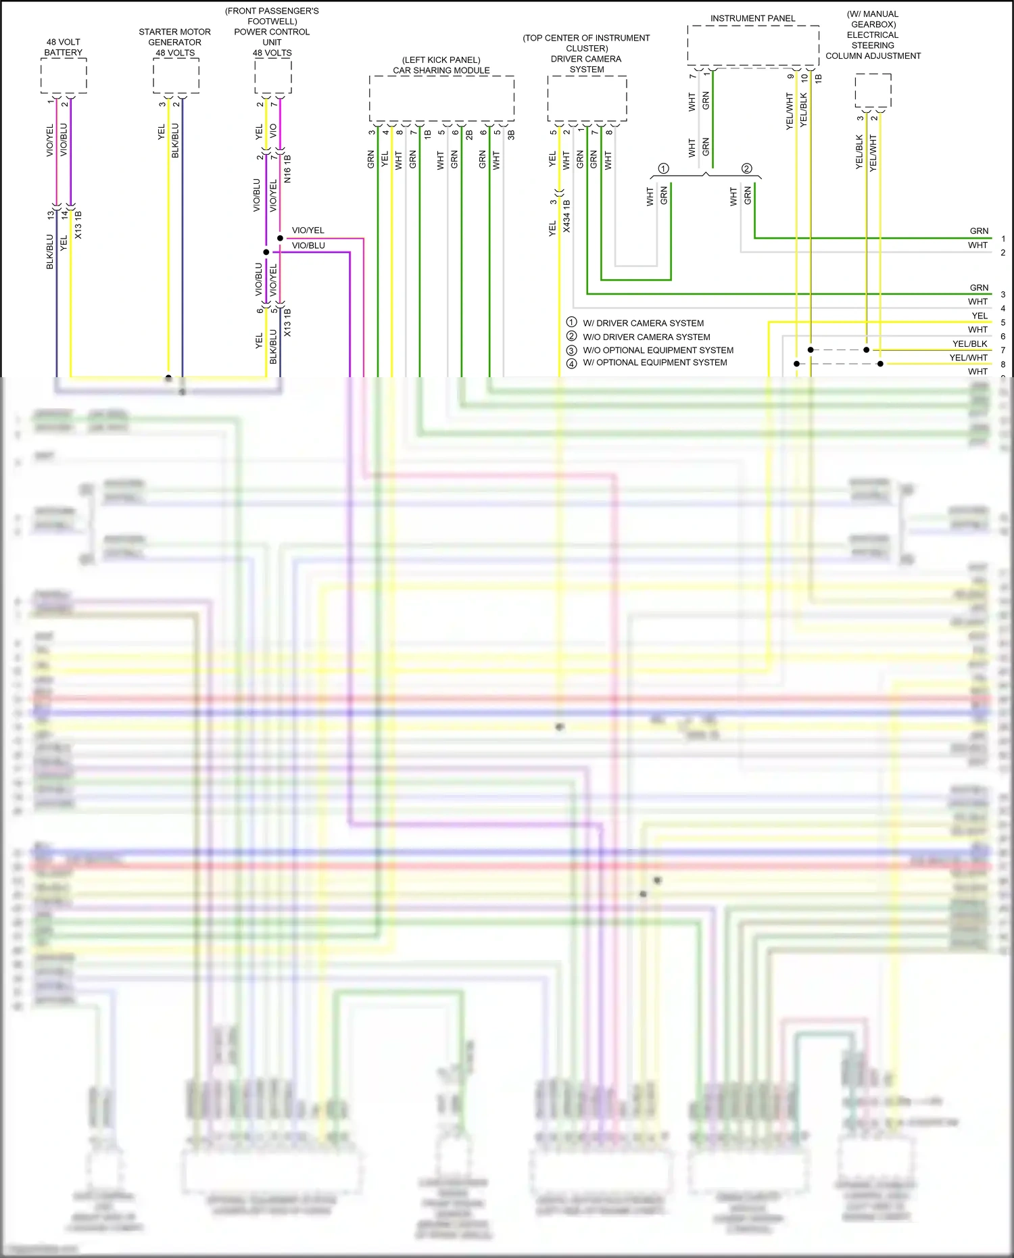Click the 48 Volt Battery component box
tap(64, 76)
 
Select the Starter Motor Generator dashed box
tap(176, 76)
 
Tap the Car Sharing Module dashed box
tap(441, 99)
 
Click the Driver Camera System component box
tap(587, 99)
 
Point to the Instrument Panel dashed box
tap(753, 46)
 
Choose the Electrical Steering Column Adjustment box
tap(873, 90)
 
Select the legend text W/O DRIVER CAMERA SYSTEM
tap(646, 337)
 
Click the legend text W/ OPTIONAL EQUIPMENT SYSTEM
tap(655, 362)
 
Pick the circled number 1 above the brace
tap(664, 168)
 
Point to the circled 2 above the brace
tap(747, 168)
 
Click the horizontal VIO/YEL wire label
tap(308, 231)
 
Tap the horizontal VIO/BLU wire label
tap(308, 245)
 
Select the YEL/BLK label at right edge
tap(969, 344)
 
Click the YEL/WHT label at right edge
tap(968, 358)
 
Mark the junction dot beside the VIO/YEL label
tap(280, 238)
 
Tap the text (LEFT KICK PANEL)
tap(441, 60)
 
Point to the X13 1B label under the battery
tap(78, 225)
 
